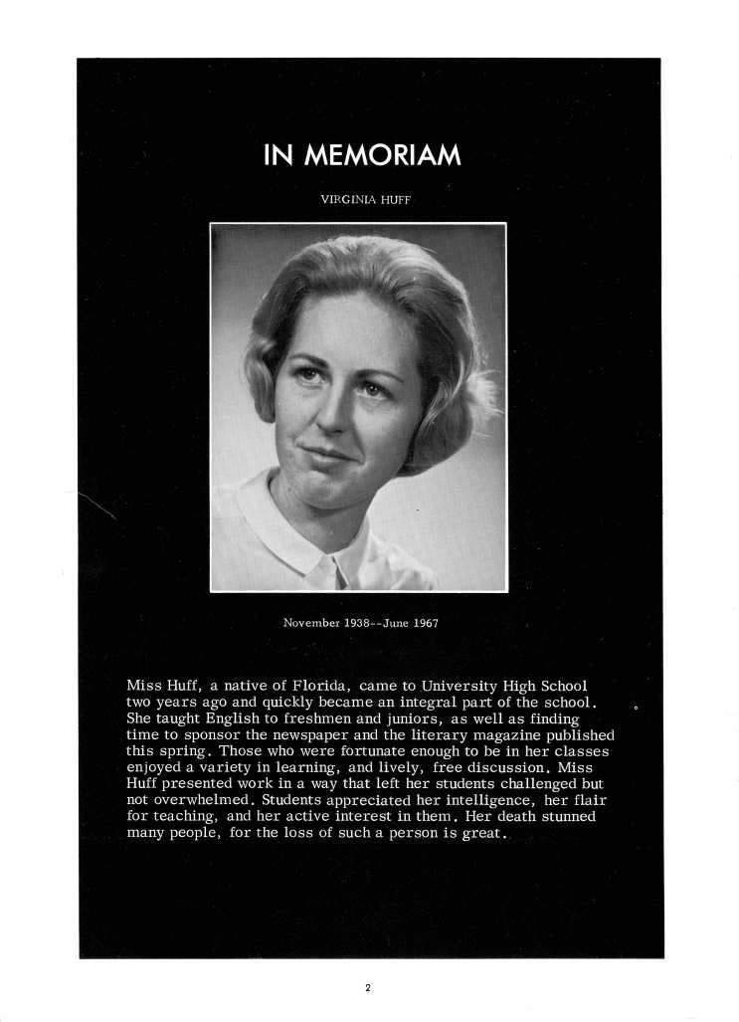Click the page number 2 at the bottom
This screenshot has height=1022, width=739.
coord(368,987)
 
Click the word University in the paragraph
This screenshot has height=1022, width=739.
coord(468,686)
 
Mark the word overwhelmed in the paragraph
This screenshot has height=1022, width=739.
coord(203,800)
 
